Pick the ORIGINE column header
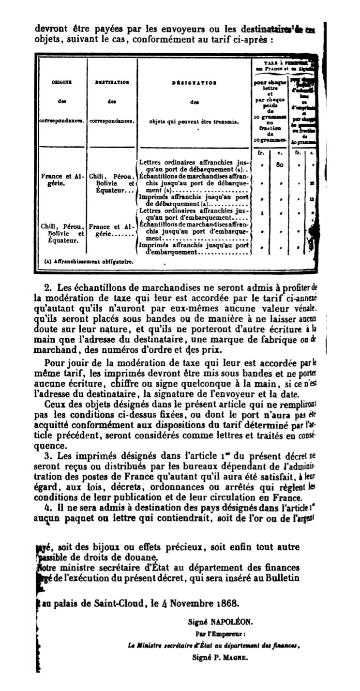coord(62,83)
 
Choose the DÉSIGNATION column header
coord(194,83)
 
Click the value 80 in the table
coord(280,165)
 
